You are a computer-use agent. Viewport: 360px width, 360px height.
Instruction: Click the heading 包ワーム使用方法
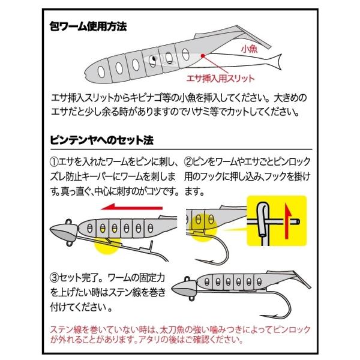click(x=88, y=26)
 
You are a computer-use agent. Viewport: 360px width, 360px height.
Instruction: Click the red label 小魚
click(x=250, y=49)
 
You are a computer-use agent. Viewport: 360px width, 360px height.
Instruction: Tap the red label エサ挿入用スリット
click(x=220, y=79)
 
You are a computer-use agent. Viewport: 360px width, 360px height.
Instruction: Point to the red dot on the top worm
click(x=203, y=56)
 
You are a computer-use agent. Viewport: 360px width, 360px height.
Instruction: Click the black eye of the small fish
click(x=154, y=59)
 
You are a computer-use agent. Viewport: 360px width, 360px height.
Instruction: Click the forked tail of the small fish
click(x=276, y=62)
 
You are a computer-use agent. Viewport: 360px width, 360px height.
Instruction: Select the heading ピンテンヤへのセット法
click(x=101, y=140)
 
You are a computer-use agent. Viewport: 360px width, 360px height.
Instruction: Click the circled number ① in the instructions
click(x=54, y=162)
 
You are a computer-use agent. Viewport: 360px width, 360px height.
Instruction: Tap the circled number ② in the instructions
click(x=188, y=162)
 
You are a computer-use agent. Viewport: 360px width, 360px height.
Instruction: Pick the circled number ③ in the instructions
click(x=54, y=278)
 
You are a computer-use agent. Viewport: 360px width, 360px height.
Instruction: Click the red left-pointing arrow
click(x=131, y=208)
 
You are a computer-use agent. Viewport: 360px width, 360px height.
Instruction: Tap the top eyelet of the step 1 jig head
click(x=68, y=222)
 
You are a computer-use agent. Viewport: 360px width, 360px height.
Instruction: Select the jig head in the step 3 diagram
click(x=185, y=287)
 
